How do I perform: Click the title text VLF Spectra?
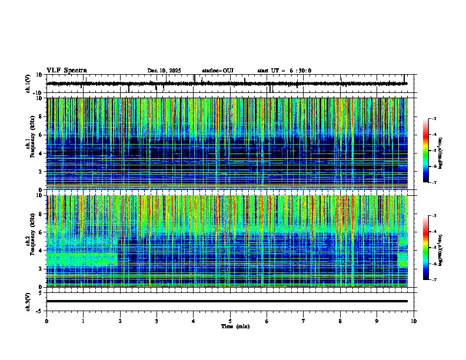pos(66,71)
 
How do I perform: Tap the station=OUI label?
pos(218,71)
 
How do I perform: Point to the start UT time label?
pos(284,71)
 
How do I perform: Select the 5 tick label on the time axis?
pos(231,321)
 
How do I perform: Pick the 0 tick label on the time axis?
pos(46,321)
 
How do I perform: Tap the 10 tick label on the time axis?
pos(414,321)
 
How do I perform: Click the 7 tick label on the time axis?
pos(304,321)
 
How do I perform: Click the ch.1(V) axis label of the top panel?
pos(28,84)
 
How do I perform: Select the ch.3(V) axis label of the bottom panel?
pos(28,301)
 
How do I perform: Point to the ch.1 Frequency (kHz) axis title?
pos(29,144)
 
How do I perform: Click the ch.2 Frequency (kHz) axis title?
pos(29,241)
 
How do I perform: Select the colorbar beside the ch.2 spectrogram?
pos(425,248)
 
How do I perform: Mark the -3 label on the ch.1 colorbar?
pos(434,119)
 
